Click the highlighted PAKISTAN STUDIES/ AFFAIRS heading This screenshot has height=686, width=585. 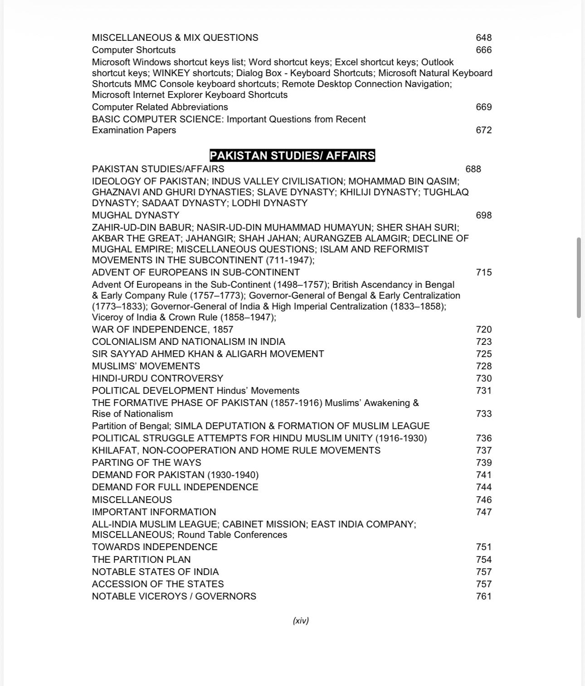pyautogui.click(x=292, y=155)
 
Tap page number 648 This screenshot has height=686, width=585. pyautogui.click(x=483, y=38)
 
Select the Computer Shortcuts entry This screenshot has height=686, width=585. pyautogui.click(x=134, y=50)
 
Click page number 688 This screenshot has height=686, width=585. pyautogui.click(x=473, y=169)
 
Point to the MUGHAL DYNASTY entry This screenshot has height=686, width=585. pyautogui.click(x=136, y=215)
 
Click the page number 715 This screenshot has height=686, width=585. pyautogui.click(x=483, y=272)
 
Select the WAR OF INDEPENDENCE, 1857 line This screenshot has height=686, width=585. pyautogui.click(x=162, y=329)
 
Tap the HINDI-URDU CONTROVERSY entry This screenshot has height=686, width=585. pyautogui.click(x=157, y=378)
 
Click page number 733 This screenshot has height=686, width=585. pyautogui.click(x=483, y=414)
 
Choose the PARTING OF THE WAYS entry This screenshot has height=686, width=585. pyautogui.click(x=146, y=463)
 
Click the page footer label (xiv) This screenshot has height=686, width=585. pyautogui.click(x=301, y=621)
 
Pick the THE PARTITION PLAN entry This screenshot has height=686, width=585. pyautogui.click(x=141, y=560)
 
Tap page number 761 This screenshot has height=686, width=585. pyautogui.click(x=483, y=596)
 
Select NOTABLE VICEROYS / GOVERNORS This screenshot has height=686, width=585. pyautogui.click(x=174, y=596)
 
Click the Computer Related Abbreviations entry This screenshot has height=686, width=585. pyautogui.click(x=160, y=107)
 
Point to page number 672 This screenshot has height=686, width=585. pyautogui.click(x=483, y=130)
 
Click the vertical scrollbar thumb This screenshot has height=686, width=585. pyautogui.click(x=579, y=277)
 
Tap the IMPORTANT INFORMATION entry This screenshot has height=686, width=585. pyautogui.click(x=154, y=512)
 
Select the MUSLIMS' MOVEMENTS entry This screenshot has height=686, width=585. pyautogui.click(x=146, y=366)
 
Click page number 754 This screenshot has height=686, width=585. pyautogui.click(x=483, y=560)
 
